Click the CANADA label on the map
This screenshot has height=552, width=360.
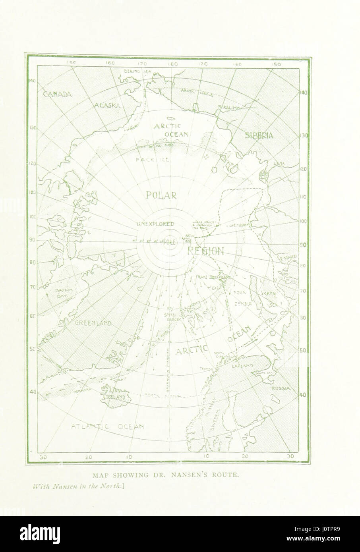pyautogui.click(x=57, y=95)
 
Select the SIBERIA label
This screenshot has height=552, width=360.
pyautogui.click(x=259, y=135)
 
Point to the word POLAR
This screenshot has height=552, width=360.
pyautogui.click(x=161, y=195)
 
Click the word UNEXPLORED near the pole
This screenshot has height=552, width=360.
pyautogui.click(x=155, y=224)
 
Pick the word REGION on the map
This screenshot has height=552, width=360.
pyautogui.click(x=205, y=251)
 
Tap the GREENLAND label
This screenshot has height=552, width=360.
pyautogui.click(x=93, y=323)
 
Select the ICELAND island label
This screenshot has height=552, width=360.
pyautogui.click(x=114, y=397)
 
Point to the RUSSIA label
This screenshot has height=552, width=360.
pyautogui.click(x=279, y=388)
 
